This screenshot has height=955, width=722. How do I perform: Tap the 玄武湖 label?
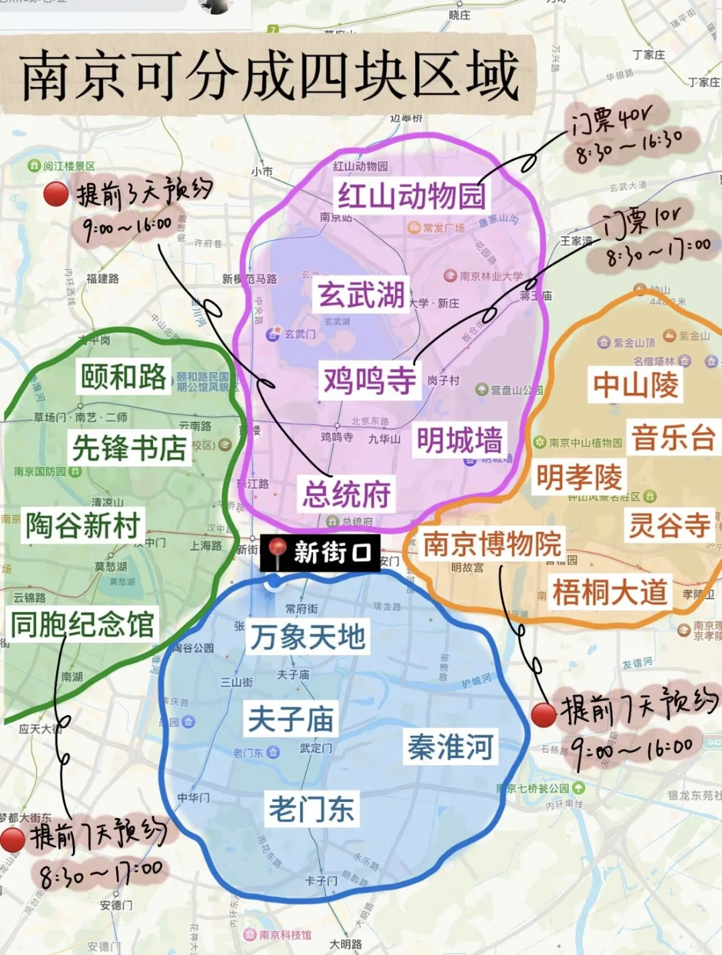(362, 295)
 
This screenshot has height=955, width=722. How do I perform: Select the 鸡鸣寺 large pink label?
(370, 381)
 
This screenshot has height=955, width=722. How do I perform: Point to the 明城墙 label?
(459, 440)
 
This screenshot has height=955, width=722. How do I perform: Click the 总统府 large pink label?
(346, 495)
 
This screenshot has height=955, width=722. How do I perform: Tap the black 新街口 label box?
(320, 553)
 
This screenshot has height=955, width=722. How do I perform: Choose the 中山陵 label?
(635, 385)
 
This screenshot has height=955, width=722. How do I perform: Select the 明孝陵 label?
(579, 477)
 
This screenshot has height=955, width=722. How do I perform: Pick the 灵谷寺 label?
(669, 525)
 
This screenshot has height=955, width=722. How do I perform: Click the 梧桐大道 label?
(610, 592)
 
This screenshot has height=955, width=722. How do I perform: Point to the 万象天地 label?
(308, 637)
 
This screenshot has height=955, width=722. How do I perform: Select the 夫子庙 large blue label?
(291, 719)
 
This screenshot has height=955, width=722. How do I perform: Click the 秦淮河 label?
(451, 746)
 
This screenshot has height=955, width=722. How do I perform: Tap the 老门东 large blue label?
(312, 809)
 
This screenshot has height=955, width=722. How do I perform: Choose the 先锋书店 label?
(129, 448)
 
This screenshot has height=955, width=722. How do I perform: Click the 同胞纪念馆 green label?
(83, 624)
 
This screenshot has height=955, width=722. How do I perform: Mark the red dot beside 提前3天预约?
(55, 194)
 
